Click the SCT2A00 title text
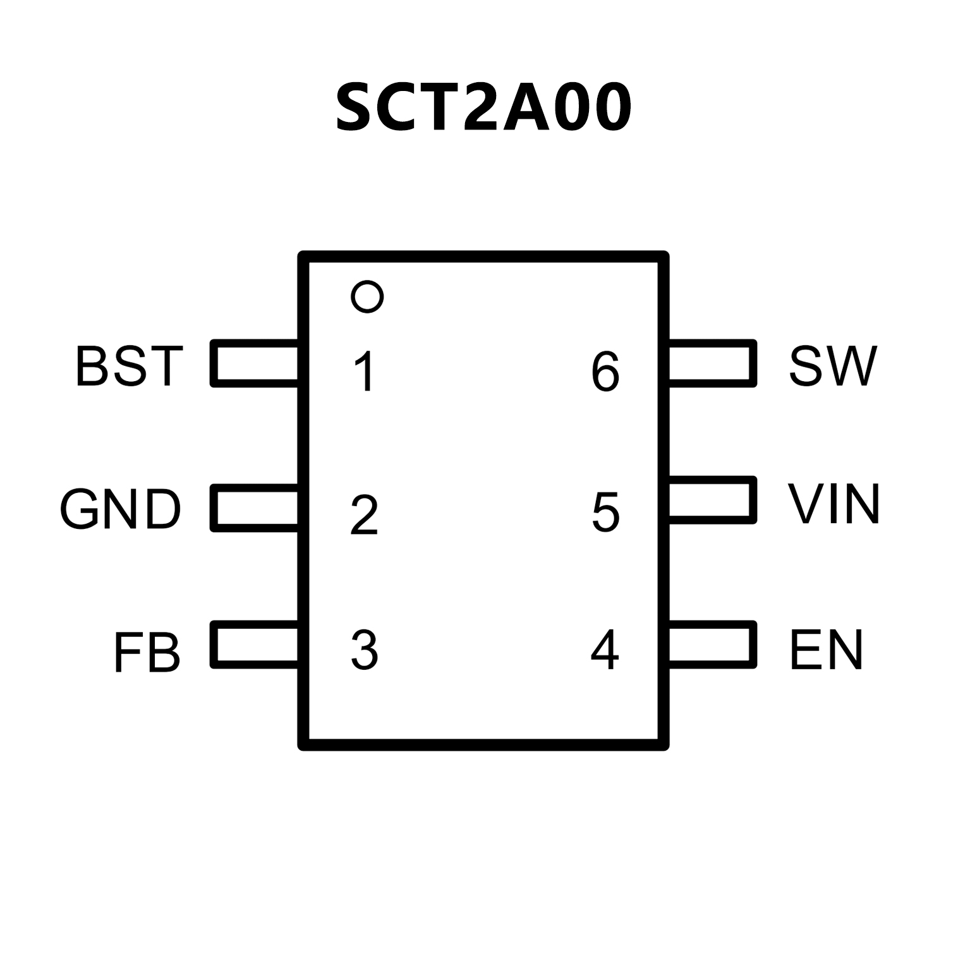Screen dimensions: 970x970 [x=483, y=107]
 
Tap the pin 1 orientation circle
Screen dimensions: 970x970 [x=367, y=296]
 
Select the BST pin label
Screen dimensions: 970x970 [x=130, y=366]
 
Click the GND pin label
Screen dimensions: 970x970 [x=120, y=509]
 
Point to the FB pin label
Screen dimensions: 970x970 [x=147, y=652]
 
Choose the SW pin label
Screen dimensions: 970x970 [x=833, y=366]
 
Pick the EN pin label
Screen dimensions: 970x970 [x=826, y=650]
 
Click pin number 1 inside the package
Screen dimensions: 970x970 [x=365, y=372]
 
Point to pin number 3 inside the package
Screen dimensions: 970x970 [x=365, y=650]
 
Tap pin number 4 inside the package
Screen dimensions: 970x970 [x=605, y=650]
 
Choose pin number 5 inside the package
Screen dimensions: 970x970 [x=605, y=512]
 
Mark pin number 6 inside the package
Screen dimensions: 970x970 [x=605, y=372]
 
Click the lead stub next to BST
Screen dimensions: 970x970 [x=255, y=363]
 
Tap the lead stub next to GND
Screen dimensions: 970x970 [x=255, y=507]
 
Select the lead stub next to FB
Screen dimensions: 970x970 [x=255, y=645]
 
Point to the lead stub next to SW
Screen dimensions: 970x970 [x=712, y=363]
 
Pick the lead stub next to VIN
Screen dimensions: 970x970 [x=712, y=500]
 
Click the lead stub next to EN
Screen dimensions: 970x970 [x=712, y=645]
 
